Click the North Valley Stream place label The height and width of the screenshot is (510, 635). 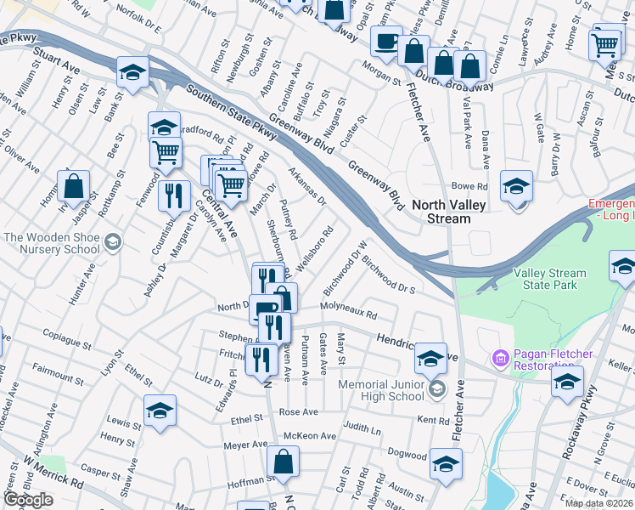coord(448,212)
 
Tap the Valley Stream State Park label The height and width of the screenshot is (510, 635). coord(549,280)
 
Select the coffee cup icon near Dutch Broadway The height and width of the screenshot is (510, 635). coord(388,41)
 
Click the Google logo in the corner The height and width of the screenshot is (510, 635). coord(28,500)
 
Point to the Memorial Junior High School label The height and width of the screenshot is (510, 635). coord(381,390)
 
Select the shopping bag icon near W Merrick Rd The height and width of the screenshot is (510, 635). coord(283,462)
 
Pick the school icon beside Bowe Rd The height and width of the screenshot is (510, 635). coord(516,185)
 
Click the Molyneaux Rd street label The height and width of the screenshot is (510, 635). coord(348,309)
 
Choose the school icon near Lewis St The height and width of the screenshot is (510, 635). coord(159,412)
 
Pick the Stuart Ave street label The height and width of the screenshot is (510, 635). coord(55,57)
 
